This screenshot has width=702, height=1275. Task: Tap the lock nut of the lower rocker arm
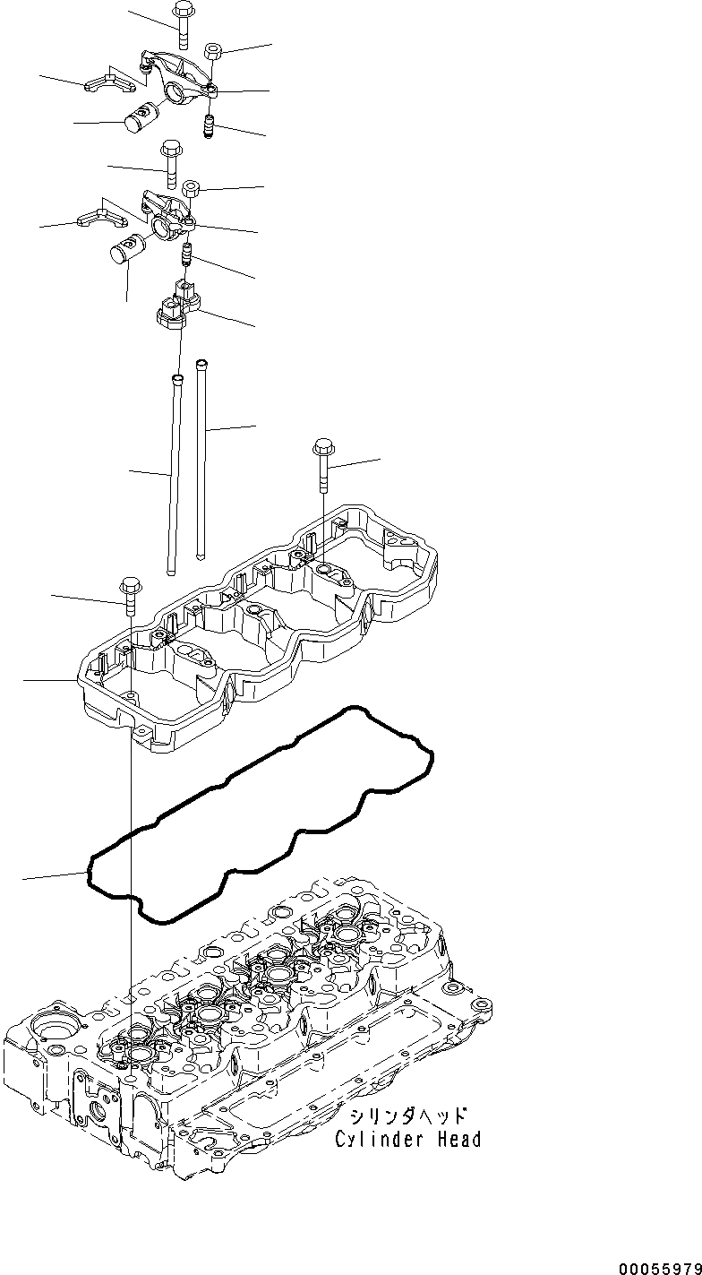pyautogui.click(x=191, y=189)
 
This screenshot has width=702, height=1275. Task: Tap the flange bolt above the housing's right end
pyautogui.click(x=322, y=461)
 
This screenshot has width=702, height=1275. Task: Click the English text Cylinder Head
pyautogui.click(x=408, y=1140)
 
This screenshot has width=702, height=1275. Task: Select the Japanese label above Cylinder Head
pyautogui.click(x=408, y=1116)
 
